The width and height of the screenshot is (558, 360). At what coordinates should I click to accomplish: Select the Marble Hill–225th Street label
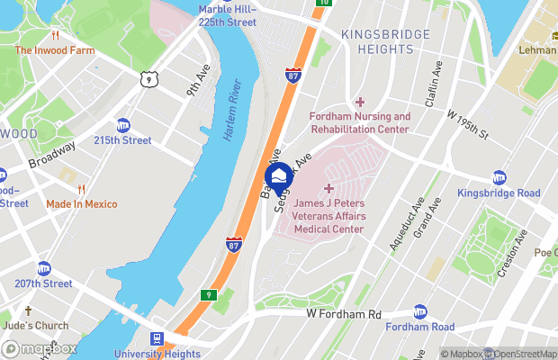point(228,15)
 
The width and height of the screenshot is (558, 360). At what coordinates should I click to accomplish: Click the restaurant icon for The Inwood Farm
point(55,37)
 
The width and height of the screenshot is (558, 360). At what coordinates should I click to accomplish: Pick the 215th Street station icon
point(122,126)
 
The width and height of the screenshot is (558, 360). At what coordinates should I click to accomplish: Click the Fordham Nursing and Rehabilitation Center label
point(360,123)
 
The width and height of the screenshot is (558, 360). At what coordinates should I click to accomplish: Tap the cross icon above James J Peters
point(328,188)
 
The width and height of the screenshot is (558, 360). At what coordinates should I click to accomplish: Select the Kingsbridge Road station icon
point(499,178)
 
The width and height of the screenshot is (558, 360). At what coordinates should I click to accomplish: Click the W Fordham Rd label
point(344,314)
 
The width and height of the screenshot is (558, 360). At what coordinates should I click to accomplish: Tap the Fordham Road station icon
point(420,311)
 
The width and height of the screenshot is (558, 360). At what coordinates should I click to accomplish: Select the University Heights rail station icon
point(157,339)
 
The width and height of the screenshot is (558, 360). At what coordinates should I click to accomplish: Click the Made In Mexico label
point(82,204)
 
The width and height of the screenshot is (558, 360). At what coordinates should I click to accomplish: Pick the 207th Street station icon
point(44,268)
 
